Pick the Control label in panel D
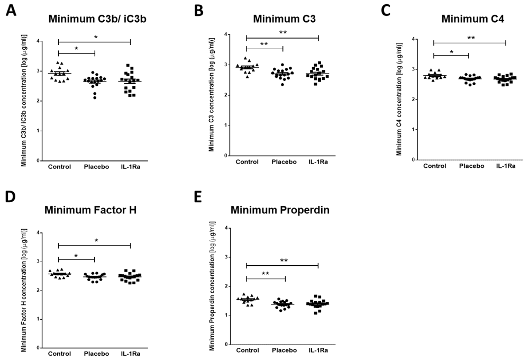coord(59,354)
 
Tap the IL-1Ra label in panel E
coord(318,350)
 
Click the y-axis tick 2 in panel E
coord(226,286)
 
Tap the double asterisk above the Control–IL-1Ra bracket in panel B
coord(282,33)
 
